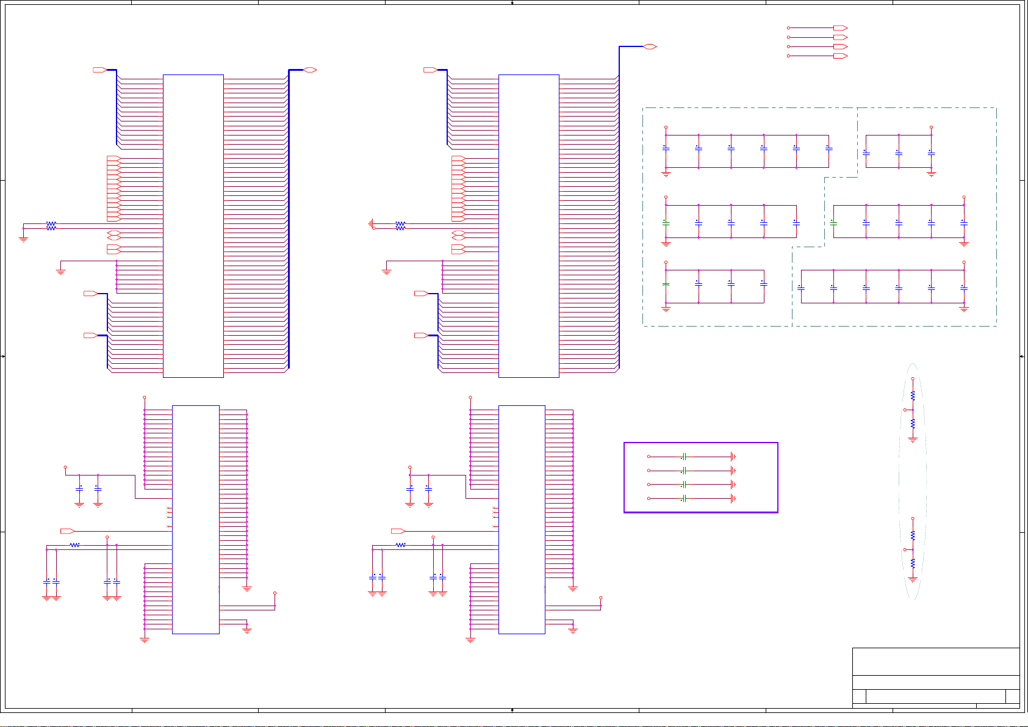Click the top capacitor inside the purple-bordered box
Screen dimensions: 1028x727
click(685, 457)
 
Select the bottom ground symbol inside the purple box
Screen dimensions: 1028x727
click(733, 499)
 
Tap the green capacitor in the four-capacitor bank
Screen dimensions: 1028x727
click(666, 284)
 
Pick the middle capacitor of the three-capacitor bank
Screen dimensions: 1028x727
click(899, 153)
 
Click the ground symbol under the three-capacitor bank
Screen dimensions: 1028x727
click(931, 174)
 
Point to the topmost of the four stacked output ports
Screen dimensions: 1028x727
click(840, 28)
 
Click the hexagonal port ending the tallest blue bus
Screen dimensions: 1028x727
click(650, 46)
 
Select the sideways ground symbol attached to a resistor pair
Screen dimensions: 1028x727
click(371, 224)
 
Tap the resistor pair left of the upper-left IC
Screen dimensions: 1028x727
click(51, 226)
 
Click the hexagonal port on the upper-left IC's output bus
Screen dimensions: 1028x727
click(310, 70)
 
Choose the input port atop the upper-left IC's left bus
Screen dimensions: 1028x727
click(99, 70)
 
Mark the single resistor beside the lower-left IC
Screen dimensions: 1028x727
click(74, 545)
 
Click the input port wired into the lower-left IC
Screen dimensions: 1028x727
click(67, 531)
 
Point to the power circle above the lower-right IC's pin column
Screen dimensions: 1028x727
click(470, 397)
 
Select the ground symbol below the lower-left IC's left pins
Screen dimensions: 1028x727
click(145, 640)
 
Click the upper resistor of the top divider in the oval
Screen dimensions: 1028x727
click(913, 396)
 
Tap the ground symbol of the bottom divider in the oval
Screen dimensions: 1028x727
click(913, 579)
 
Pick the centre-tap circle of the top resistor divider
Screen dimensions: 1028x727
click(905, 410)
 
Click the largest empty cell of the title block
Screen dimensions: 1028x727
click(935, 662)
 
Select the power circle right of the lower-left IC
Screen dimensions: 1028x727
click(275, 593)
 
